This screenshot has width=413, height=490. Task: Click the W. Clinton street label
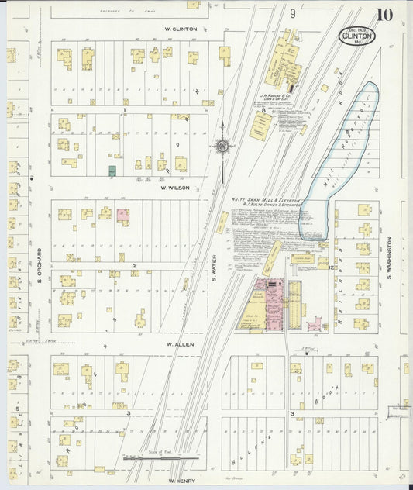point(181,29)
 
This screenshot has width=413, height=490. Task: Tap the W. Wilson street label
point(175,188)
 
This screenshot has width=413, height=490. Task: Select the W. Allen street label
point(178,344)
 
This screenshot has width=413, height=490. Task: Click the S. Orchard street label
point(39,265)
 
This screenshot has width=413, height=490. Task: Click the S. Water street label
point(213,268)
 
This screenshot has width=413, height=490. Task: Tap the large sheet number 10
point(385,15)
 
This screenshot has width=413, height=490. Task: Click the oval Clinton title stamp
point(357,36)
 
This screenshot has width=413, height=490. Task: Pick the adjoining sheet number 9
point(293,13)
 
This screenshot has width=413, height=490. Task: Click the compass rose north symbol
point(223,145)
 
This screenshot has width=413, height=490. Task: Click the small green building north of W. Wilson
point(112,171)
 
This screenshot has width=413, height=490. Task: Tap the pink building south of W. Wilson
point(122,216)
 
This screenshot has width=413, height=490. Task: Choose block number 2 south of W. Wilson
point(134,266)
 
